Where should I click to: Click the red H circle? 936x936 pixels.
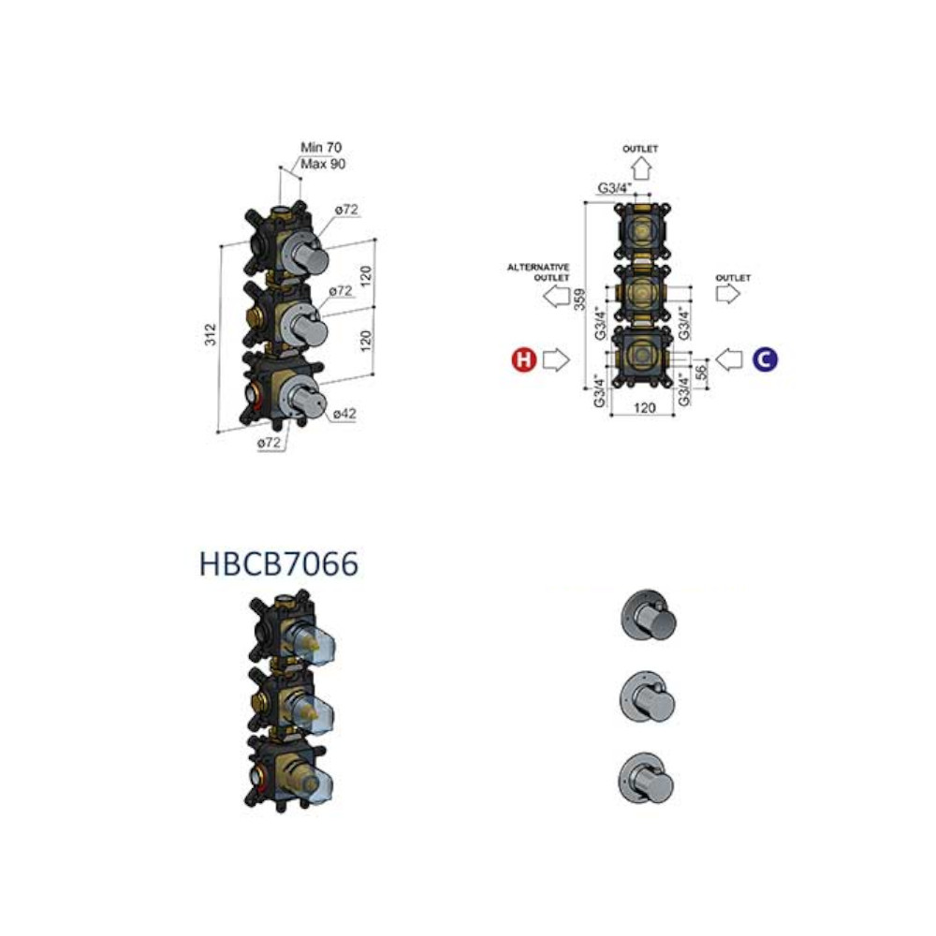[x=523, y=359]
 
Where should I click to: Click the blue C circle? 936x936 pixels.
[x=765, y=359]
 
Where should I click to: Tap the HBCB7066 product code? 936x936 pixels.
[x=279, y=563]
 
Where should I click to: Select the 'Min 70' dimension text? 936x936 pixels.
[x=321, y=147]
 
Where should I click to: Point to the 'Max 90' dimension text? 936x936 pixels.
[x=323, y=164]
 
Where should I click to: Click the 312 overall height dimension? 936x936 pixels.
[x=210, y=334]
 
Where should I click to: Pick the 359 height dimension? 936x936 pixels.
[x=579, y=300]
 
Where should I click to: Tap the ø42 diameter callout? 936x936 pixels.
[x=344, y=413]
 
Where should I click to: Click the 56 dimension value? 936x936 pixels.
[x=702, y=372]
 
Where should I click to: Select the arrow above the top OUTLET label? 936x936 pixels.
[x=641, y=168]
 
